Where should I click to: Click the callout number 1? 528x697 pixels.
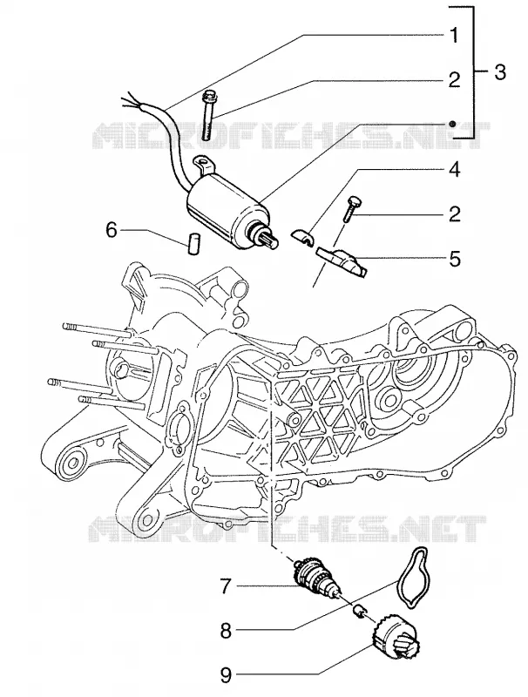pos(453,36)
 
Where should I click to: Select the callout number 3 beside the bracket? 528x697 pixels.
pos(500,71)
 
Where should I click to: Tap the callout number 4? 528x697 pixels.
pos(454,170)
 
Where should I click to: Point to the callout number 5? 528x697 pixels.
pos(454,259)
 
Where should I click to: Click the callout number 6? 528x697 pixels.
pos(112,230)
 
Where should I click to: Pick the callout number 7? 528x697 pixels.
pos(227,586)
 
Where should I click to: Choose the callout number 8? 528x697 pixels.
pos(227,631)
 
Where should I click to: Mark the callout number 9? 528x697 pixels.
pos(227,676)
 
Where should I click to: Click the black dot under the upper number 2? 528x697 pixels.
pos(452,124)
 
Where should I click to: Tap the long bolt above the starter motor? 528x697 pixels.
pos(207,115)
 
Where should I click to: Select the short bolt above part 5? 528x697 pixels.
pos(353,208)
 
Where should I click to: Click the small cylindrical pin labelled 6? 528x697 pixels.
pos(193,244)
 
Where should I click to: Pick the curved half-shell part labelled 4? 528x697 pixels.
pos(303,235)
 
